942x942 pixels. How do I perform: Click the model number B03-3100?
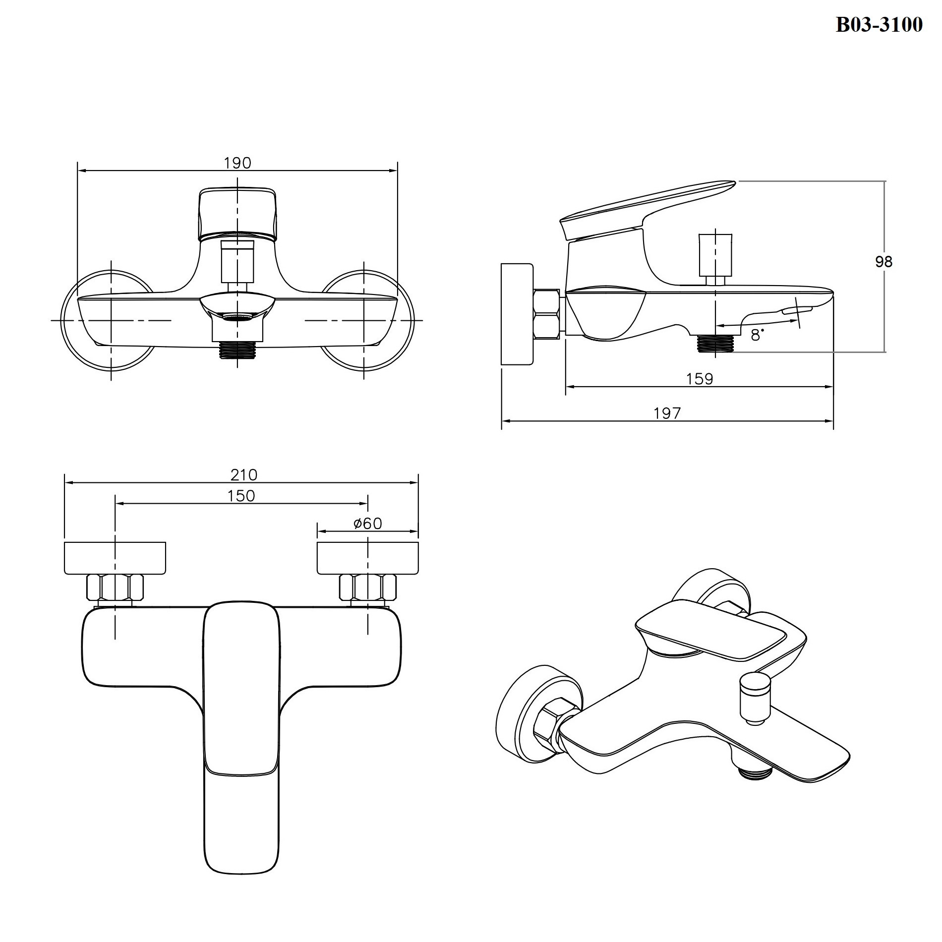click(x=879, y=24)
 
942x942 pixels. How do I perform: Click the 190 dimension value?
click(x=237, y=163)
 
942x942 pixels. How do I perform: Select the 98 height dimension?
click(x=883, y=261)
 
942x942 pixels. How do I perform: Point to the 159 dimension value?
click(x=700, y=379)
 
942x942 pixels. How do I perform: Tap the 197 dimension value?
click(x=667, y=413)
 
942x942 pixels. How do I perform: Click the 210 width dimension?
click(x=244, y=475)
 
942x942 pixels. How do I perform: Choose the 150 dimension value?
click(x=241, y=496)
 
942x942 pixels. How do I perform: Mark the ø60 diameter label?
click(x=367, y=524)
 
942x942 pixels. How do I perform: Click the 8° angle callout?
click(x=757, y=336)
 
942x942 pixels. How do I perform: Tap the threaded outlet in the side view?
click(x=715, y=343)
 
